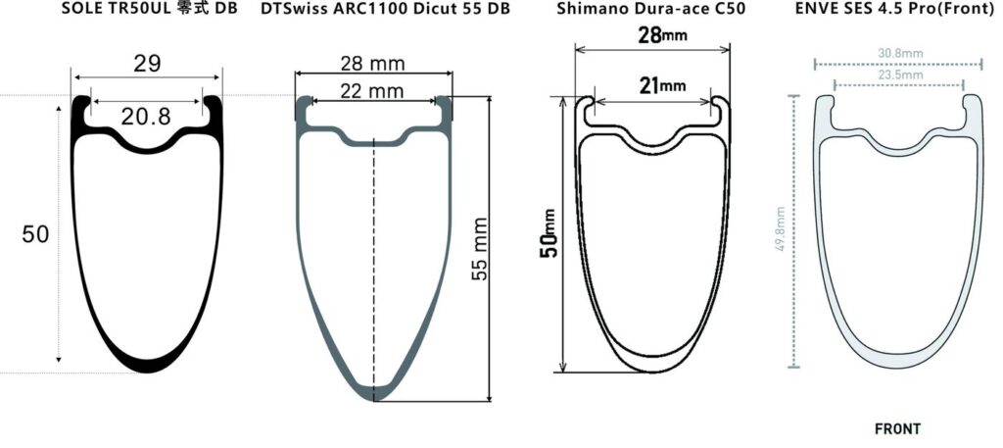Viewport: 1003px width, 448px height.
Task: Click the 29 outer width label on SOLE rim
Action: click(147, 64)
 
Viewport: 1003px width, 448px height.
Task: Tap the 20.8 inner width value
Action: click(147, 117)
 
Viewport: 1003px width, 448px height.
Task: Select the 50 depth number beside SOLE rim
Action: click(35, 234)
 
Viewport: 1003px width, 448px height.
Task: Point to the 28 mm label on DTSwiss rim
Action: click(372, 64)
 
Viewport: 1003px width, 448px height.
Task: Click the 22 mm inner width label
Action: click(371, 91)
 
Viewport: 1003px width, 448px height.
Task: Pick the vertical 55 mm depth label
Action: click(479, 249)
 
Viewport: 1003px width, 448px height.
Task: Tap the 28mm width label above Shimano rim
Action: click(663, 35)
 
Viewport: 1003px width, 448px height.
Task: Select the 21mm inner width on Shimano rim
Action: click(663, 85)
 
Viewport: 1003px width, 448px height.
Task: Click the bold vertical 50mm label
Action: click(549, 233)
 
